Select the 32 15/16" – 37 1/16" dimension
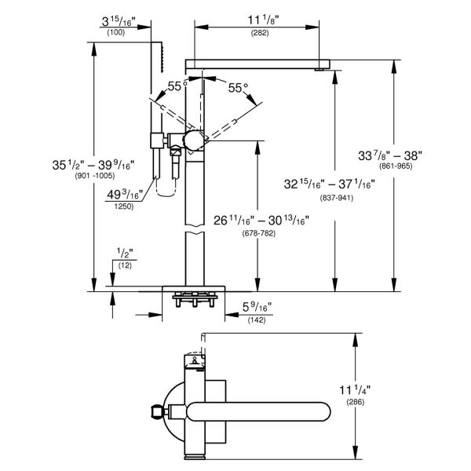pyautogui.click(x=330, y=184)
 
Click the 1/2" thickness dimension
pyautogui.click(x=123, y=254)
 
